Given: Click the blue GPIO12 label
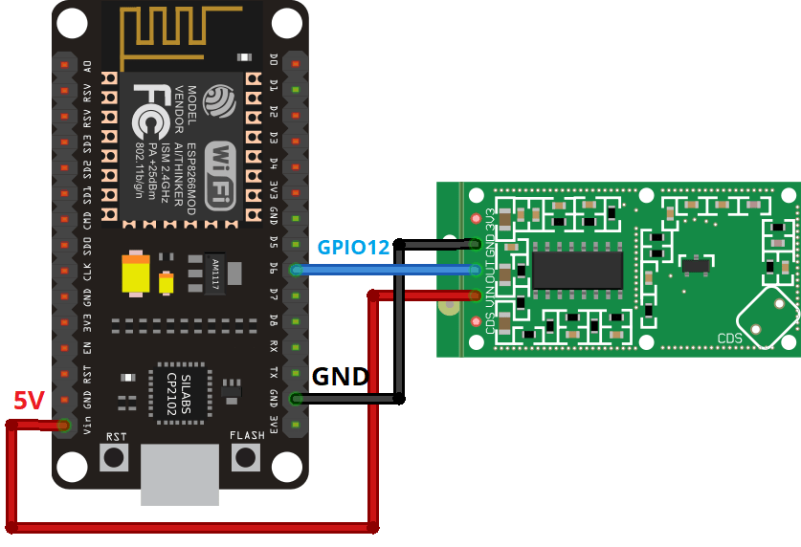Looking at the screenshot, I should click(x=353, y=247).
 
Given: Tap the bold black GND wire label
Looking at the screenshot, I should click(x=341, y=377).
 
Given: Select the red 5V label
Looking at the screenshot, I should click(x=29, y=401).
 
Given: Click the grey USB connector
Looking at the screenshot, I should click(x=179, y=475).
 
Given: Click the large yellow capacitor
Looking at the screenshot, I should click(x=137, y=276).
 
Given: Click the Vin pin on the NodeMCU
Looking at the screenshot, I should click(x=65, y=424).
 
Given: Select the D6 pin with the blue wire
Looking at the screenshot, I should click(x=296, y=270).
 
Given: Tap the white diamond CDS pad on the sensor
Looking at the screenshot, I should click(x=768, y=316).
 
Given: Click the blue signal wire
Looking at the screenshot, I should click(x=383, y=271).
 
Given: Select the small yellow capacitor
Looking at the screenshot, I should click(x=167, y=283).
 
